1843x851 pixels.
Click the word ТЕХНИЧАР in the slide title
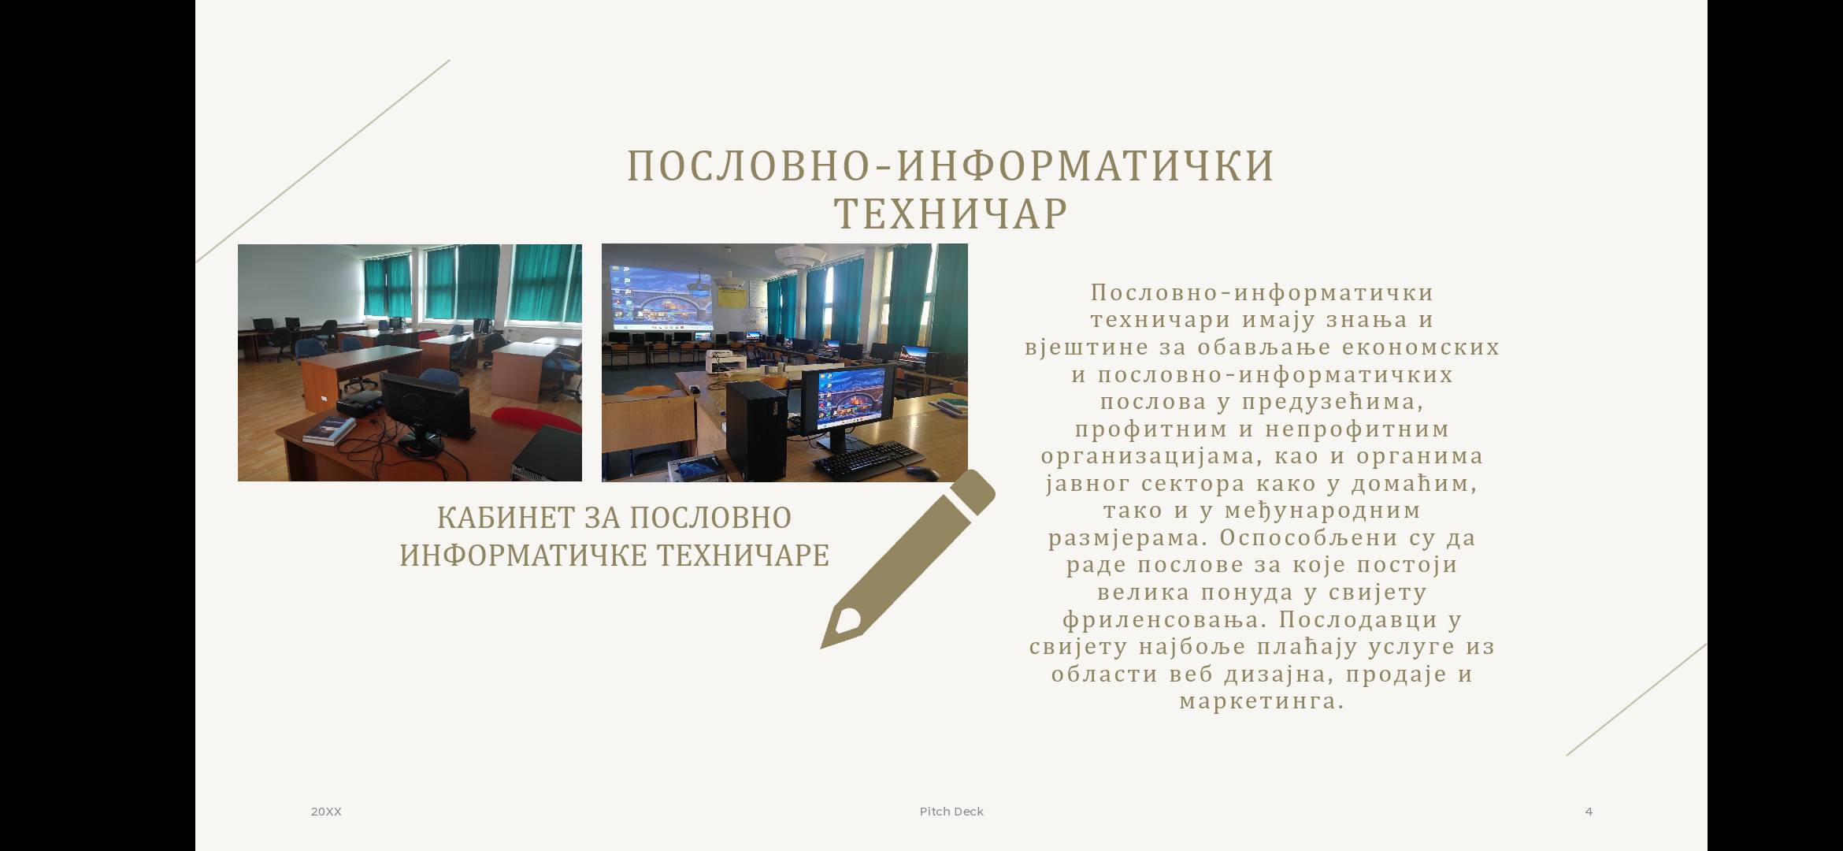click(x=951, y=214)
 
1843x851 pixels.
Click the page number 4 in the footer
click(x=1589, y=812)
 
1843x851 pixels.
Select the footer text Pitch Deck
click(x=951, y=812)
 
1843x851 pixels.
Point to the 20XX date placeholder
click(x=326, y=812)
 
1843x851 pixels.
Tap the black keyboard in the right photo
click(x=866, y=459)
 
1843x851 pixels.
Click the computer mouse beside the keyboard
click(x=921, y=473)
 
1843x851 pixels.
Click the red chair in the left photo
click(x=536, y=420)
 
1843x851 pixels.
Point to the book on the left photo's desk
click(x=330, y=430)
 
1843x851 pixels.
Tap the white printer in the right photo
click(x=725, y=362)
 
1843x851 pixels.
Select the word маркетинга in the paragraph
click(x=1261, y=700)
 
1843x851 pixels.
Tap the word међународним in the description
click(x=1323, y=511)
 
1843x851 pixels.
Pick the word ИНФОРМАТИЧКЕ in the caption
click(x=525, y=556)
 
